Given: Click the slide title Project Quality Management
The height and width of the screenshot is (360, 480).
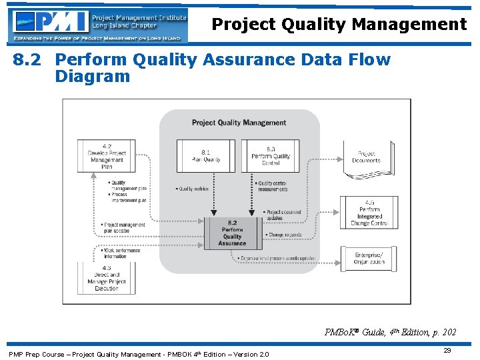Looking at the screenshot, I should point(339,25).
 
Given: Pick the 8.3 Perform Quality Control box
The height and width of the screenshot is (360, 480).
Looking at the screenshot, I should point(271,155).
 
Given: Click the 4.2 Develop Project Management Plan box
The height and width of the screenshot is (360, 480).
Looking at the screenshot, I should point(107,156).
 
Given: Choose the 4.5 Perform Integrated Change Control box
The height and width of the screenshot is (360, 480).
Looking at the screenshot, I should point(369,213).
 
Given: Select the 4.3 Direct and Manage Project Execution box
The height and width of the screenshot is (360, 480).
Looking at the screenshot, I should point(107,278).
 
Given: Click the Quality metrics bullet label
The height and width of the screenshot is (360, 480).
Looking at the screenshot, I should point(193,189).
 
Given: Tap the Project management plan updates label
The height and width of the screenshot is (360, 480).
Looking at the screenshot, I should point(124,227).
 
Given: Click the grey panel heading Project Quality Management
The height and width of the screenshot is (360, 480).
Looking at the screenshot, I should point(239,123).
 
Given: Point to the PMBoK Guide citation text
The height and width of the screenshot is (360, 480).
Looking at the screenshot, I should point(390,332).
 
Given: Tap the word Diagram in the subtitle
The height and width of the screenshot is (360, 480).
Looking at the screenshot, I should point(93,76).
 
